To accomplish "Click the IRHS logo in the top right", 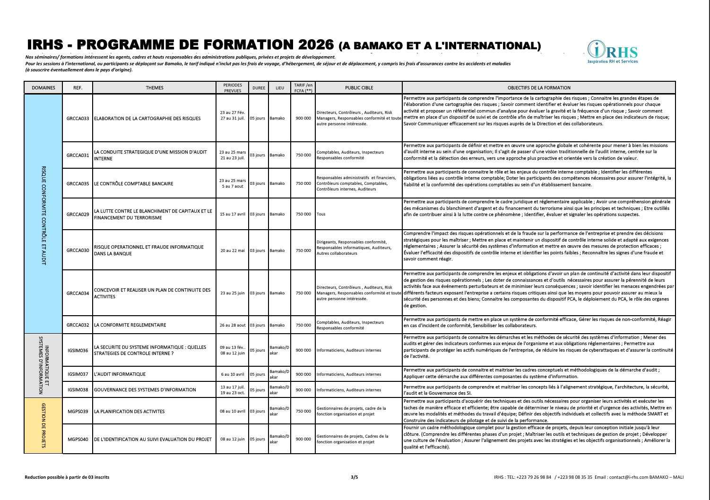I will coord(612,52).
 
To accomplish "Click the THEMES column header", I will coord(155,88).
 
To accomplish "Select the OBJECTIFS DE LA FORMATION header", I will coord(539,88).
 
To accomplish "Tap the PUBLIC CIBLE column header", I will coord(359,88).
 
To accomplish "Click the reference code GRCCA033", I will coord(78,119).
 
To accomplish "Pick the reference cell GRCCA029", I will coord(78,214).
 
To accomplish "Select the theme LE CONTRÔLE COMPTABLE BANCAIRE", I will coord(134,184).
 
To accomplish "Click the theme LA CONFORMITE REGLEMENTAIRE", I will coord(130,325).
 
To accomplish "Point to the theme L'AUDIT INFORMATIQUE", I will coord(120,374).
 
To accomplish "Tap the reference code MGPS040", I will coord(78,439).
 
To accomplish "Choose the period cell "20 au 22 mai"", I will coord(233,250).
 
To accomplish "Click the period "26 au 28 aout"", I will coord(233,325).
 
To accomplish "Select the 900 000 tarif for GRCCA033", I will coord(303,119).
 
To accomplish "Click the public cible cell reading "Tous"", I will coord(321,214).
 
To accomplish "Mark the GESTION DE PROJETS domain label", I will coord(43,425).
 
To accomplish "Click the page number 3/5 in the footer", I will coord(355,477).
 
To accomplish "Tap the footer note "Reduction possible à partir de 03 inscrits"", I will coord(67,477).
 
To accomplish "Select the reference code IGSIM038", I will coord(78,390).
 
